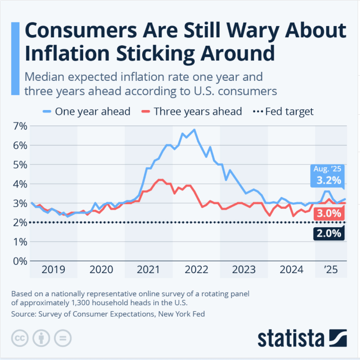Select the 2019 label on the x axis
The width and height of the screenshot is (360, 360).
point(53,270)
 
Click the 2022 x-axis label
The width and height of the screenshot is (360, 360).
point(196,270)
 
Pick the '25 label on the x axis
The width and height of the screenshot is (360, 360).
point(331,270)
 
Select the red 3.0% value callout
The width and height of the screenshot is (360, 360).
point(329,214)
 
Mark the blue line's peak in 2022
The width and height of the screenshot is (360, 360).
point(194,130)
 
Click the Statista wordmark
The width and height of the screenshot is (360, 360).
point(291,339)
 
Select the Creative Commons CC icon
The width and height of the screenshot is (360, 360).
point(19,339)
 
